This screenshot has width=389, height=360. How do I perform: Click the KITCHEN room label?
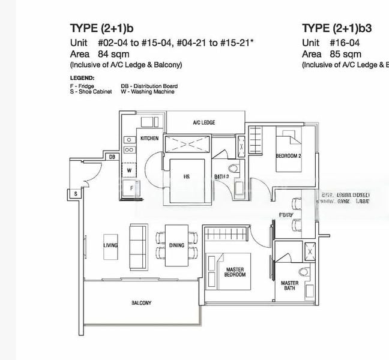[x=149, y=139]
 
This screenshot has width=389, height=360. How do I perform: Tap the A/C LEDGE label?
[x=204, y=122]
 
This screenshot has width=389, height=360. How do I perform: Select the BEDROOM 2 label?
[x=288, y=156]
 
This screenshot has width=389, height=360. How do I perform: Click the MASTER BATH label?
[x=289, y=286]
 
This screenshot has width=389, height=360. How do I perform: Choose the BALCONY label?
[x=141, y=303]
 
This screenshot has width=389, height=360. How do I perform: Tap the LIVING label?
[x=110, y=245]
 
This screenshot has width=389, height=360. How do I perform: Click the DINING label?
[x=176, y=245]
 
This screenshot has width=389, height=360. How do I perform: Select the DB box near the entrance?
[x=112, y=157]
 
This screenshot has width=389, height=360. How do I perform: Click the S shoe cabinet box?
[x=76, y=194]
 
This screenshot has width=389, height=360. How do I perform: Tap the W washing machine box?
[x=128, y=170]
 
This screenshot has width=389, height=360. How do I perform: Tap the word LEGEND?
[x=82, y=78]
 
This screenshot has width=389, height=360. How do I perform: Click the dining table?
[x=176, y=244]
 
